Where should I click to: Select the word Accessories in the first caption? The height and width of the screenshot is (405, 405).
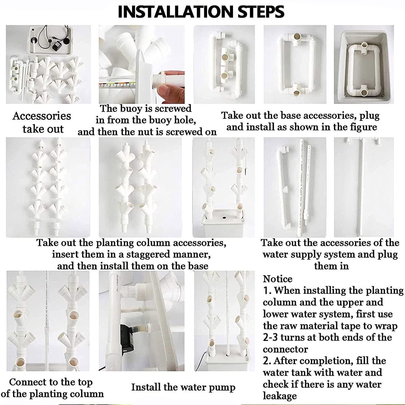pyautogui.click(x=42, y=116)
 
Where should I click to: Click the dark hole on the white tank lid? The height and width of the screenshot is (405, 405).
pyautogui.click(x=224, y=217)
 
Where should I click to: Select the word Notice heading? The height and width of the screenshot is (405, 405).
pyautogui.click(x=278, y=279)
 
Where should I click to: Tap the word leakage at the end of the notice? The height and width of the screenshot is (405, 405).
pyautogui.click(x=280, y=396)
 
